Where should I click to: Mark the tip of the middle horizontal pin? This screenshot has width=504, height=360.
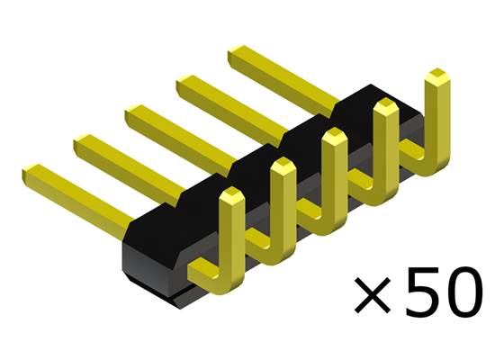tap(132, 114)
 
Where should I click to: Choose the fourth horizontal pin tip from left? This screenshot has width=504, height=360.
tap(184, 85)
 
